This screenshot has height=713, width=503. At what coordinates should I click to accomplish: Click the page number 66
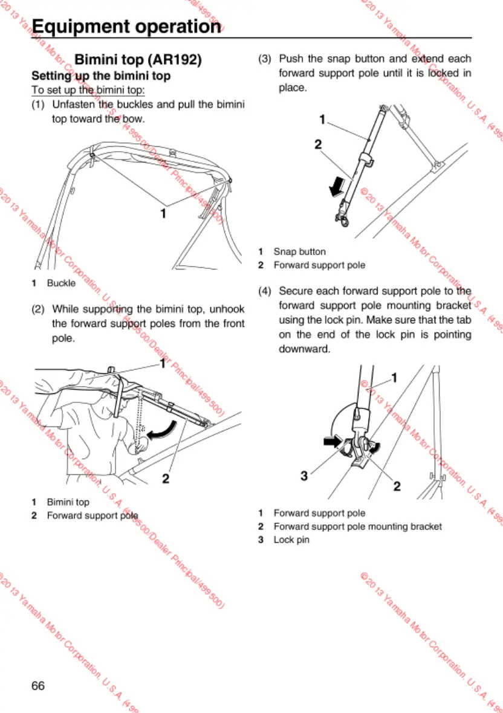click(x=38, y=685)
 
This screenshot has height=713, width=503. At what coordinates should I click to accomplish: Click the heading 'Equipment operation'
click(x=126, y=27)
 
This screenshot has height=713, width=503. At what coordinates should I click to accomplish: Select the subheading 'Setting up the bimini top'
click(x=101, y=76)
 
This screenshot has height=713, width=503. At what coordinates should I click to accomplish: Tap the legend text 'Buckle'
click(x=61, y=283)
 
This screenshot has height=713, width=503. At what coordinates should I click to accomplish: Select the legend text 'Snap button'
click(x=299, y=251)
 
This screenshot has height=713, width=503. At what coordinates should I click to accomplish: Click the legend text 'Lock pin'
click(x=291, y=539)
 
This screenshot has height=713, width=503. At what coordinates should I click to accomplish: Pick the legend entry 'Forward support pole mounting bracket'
click(x=357, y=526)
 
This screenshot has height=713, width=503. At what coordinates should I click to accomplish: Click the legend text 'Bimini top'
click(x=68, y=502)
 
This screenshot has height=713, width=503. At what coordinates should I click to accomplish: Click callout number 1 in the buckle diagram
click(x=163, y=213)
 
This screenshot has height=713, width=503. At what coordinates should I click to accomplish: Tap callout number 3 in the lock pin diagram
click(x=305, y=476)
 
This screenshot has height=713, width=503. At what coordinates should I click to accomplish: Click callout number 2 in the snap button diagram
click(x=318, y=144)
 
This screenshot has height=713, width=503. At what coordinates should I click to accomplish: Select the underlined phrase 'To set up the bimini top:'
click(x=88, y=91)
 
